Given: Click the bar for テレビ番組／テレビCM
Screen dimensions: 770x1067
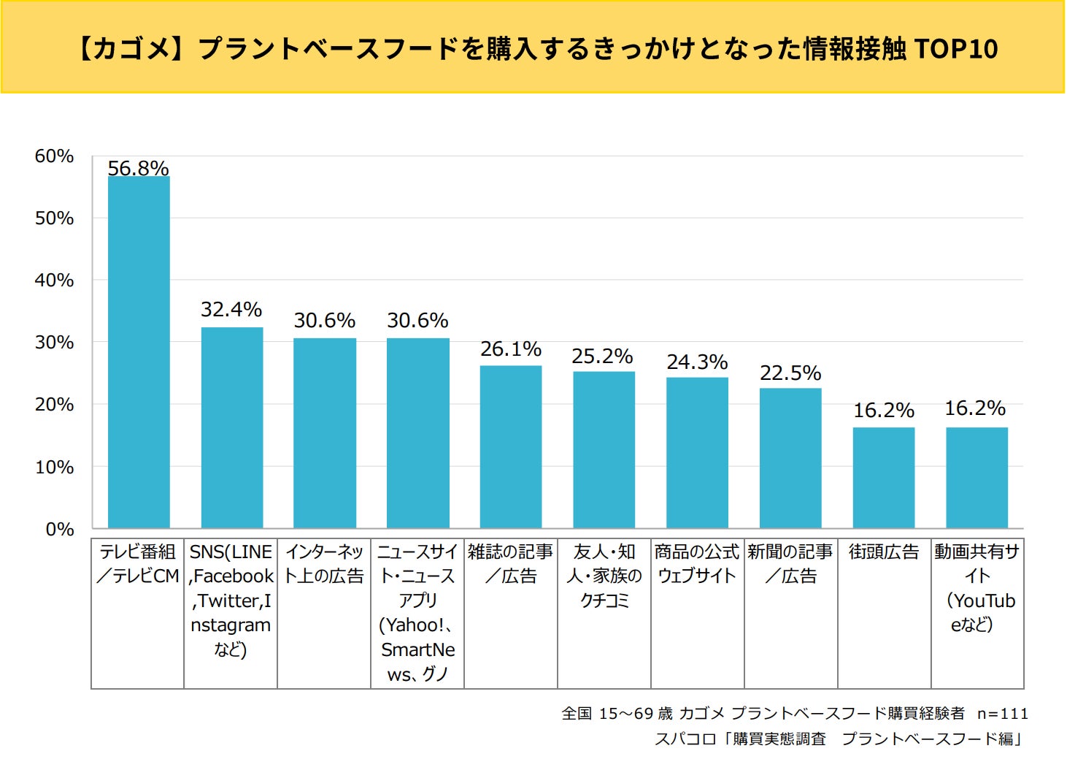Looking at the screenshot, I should pos(139,351).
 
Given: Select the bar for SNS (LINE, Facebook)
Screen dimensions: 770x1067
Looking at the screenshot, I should pos(232,427).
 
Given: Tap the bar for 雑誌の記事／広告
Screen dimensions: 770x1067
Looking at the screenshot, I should pos(511,446).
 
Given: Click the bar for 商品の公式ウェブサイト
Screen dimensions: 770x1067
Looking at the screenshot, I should pos(697,452).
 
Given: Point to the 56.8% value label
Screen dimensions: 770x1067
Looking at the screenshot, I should pos(139,168).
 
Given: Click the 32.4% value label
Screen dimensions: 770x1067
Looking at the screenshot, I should pos(231,310).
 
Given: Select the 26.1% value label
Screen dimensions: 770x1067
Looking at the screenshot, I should pos(511,349).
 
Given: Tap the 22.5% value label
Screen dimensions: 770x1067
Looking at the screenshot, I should pos(790,373).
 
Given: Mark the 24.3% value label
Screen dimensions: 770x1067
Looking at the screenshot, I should pos(697,362).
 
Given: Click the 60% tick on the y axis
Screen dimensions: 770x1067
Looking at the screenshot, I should pos(54,156).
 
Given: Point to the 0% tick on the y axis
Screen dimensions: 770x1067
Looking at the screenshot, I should pos(59,529).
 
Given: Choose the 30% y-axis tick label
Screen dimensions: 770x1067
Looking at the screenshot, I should pos(54,343).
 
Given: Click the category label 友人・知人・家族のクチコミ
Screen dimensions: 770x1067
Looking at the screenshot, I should pos(604,576).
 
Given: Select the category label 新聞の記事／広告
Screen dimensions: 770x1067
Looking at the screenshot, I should pos(790,564).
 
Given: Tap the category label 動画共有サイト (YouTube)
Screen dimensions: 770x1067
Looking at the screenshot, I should pos(977,588).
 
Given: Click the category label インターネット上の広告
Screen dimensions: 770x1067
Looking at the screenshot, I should pos(324,564).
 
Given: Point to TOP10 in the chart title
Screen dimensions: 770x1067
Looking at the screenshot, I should pos(955,49).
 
